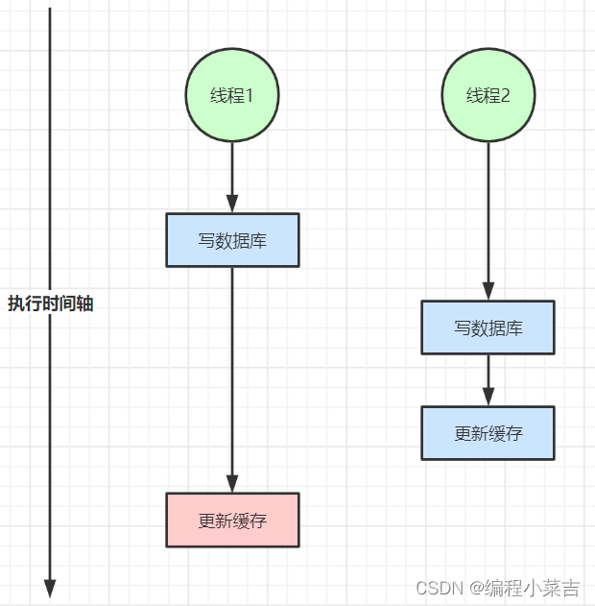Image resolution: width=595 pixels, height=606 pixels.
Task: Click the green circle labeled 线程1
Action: pos(232,95)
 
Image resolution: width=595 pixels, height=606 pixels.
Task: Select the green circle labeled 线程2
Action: pos(488,95)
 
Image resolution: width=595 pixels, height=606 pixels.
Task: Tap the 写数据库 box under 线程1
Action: pos(232,240)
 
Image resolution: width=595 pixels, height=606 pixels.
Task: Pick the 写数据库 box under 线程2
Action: pos(488,327)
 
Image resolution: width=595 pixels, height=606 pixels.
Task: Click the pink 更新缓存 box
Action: pos(232,520)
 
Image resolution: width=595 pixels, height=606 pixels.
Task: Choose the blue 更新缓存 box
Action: pos(488,433)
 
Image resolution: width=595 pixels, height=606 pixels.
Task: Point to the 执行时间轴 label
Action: pos(51,303)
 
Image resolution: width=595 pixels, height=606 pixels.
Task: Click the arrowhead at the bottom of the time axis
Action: pos(50,588)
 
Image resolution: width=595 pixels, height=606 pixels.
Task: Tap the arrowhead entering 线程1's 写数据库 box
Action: pos(232,204)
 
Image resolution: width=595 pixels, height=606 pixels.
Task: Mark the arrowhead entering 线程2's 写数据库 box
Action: pos(488,291)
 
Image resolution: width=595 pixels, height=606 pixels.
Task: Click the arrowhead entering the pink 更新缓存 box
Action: pos(232,483)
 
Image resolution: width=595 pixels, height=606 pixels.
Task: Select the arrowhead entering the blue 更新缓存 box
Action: pos(488,397)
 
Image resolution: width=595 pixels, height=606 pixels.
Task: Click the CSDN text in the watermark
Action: pos(440,588)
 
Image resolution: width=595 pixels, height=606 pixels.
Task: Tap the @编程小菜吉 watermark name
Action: pos(525,588)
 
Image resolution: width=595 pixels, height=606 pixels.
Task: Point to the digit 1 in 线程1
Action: pos(250,95)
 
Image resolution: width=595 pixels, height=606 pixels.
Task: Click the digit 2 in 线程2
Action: pos(505,95)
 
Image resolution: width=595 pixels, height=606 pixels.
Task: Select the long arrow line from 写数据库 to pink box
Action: pos(232,379)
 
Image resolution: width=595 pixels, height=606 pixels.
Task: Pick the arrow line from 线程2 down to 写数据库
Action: pos(488,221)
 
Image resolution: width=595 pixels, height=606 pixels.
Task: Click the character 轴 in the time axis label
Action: pos(85,303)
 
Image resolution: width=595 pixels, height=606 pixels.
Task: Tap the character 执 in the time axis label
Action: pos(16,303)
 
